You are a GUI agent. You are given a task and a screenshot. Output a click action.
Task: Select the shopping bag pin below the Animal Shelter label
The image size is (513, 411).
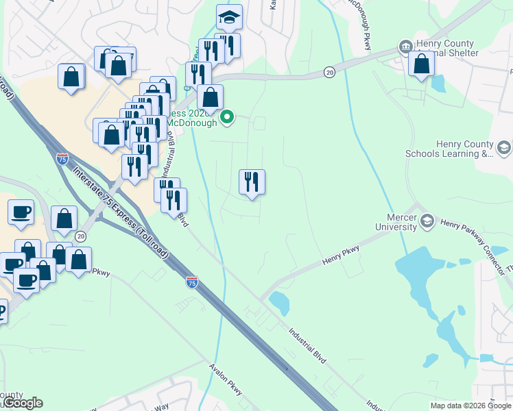[x=421, y=65]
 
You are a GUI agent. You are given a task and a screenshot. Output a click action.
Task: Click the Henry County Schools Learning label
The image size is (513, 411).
[x=464, y=149]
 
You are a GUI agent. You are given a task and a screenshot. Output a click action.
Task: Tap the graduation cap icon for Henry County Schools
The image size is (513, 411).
[x=504, y=148]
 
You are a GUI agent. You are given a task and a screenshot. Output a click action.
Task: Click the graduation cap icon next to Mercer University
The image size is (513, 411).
[x=427, y=220]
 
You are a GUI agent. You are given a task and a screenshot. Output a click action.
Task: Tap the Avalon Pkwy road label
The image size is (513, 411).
[x=226, y=378]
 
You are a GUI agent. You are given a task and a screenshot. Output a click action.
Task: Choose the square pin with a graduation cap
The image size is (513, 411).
[x=229, y=18]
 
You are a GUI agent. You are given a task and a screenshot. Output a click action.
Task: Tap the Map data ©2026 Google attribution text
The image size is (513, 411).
[x=470, y=406]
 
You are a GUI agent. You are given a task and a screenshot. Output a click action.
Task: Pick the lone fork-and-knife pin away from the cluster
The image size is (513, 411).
[x=252, y=182]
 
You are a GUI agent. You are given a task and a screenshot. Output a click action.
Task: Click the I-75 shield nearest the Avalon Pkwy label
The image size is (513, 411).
[x=192, y=282]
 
